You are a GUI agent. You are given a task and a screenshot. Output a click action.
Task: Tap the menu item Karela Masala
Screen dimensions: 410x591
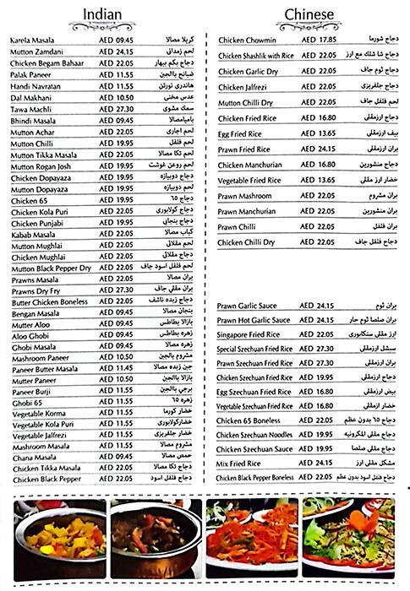point(35,41)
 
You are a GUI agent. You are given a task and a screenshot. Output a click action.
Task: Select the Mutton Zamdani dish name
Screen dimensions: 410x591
point(39,52)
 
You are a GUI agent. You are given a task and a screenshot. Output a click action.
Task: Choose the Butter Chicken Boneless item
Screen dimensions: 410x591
point(50,301)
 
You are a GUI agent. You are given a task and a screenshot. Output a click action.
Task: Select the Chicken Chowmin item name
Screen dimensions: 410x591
point(249,40)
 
